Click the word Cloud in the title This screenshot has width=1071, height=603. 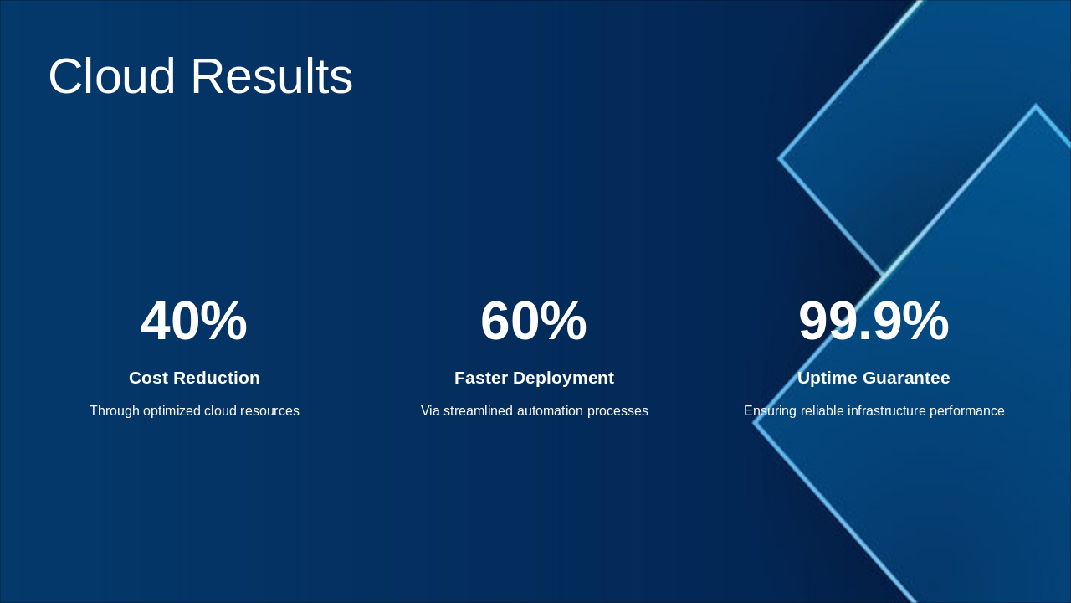(x=112, y=76)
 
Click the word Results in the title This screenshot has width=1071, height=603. (x=272, y=76)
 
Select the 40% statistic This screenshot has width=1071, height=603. (x=194, y=322)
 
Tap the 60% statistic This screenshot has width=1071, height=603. (x=534, y=322)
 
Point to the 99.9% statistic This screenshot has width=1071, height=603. (x=874, y=322)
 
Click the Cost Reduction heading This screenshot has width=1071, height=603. (x=194, y=378)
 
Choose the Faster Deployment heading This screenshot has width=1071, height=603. (x=534, y=378)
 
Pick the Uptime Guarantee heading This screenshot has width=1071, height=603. (x=874, y=378)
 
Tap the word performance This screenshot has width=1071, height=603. (x=971, y=411)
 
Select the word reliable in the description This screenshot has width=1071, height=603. (x=824, y=411)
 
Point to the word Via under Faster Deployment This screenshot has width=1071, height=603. (x=430, y=411)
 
